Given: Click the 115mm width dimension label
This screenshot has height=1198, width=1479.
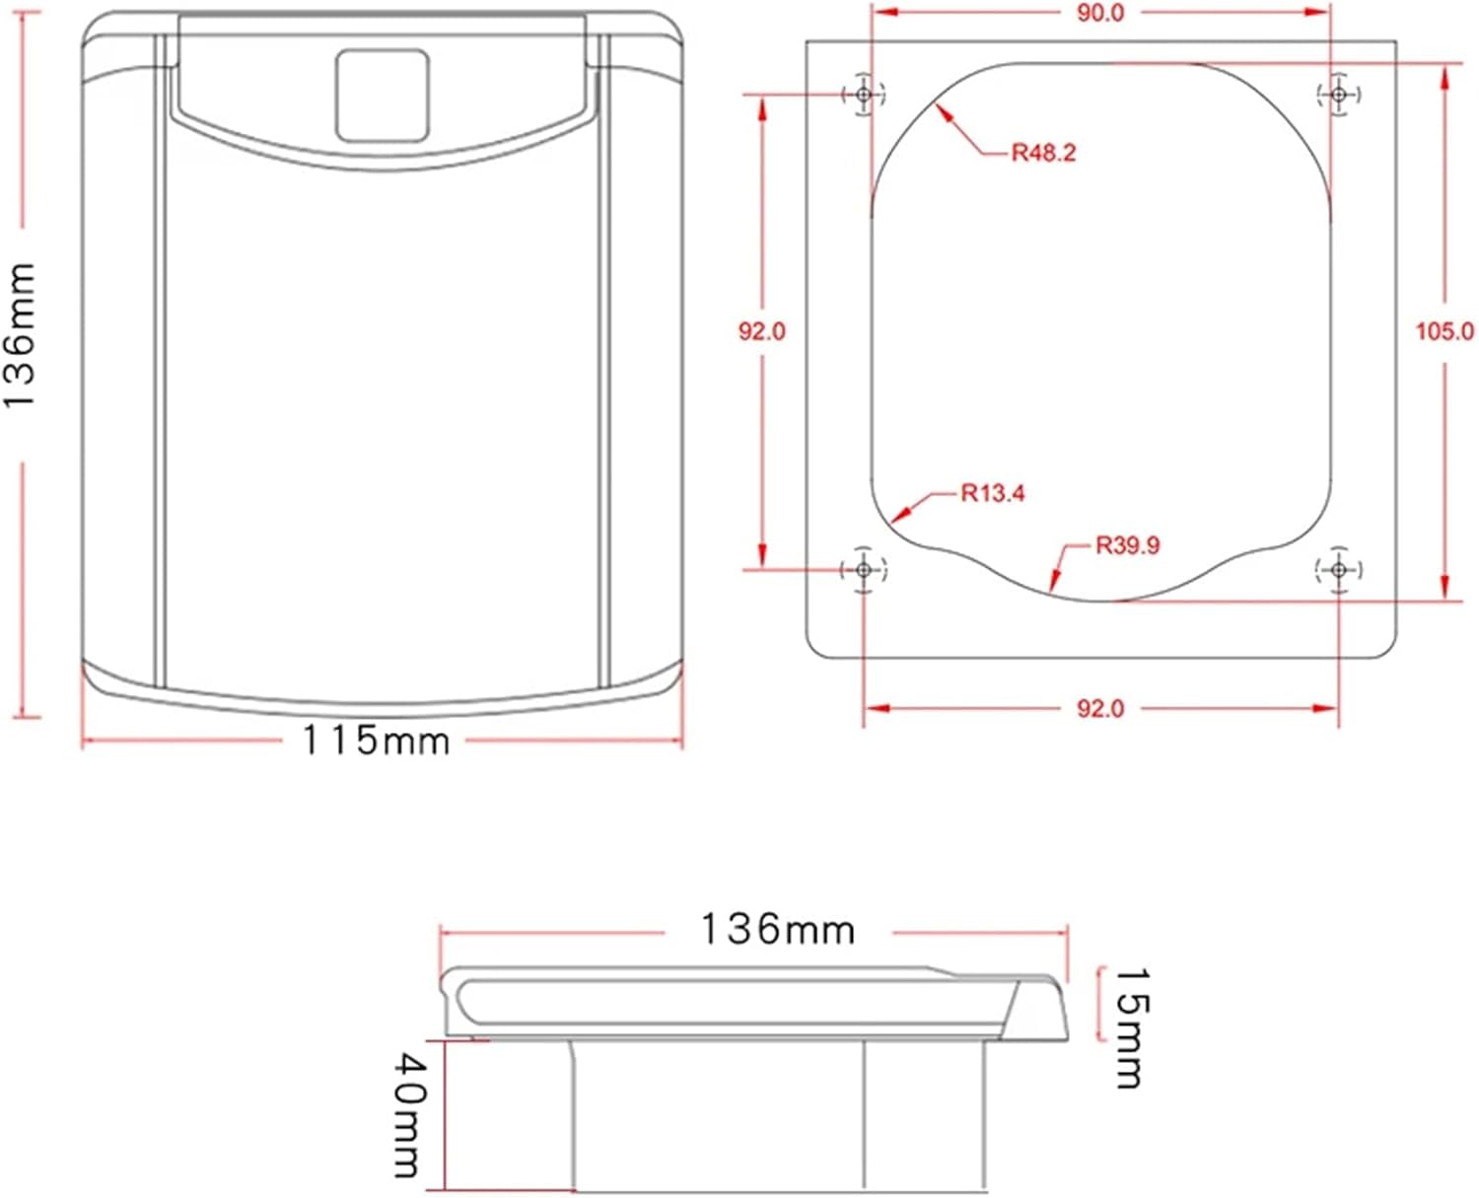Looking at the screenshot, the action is [x=376, y=740].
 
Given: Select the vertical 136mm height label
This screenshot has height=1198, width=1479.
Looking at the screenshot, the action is [x=19, y=336].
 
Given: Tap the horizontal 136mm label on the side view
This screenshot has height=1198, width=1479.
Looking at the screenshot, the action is [x=778, y=929].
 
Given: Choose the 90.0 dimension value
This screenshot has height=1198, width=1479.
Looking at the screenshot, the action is [x=1100, y=13].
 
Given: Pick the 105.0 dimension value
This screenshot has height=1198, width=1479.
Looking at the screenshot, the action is [x=1444, y=331].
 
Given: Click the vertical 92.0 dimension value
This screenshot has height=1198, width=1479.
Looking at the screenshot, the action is [x=762, y=331].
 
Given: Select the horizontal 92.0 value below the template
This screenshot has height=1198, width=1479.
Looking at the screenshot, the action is [x=1100, y=708].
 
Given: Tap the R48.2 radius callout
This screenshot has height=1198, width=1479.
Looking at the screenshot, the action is [x=1043, y=152].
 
